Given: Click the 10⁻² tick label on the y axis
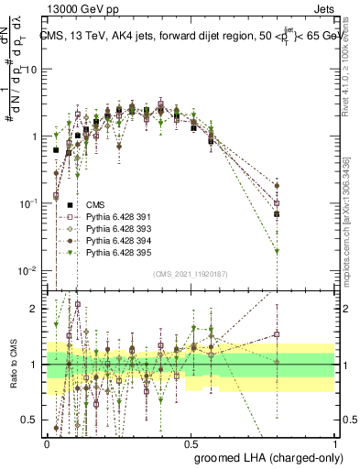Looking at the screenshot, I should (x=31, y=270).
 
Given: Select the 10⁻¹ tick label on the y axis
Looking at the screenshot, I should (x=31, y=203).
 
